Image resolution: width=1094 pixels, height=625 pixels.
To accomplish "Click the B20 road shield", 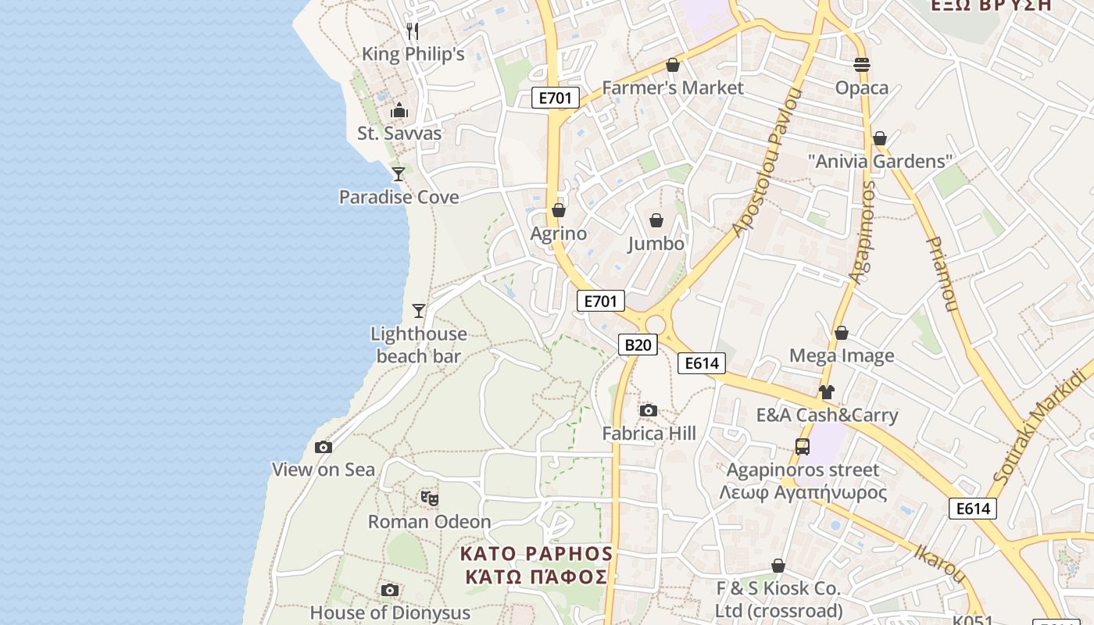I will pyautogui.click(x=638, y=345).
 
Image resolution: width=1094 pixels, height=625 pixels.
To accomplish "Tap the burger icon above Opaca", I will pyautogui.click(x=862, y=65).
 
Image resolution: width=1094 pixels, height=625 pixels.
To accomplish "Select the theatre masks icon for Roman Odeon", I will pyautogui.click(x=429, y=498).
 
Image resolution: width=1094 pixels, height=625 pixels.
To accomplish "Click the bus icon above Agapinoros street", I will pyautogui.click(x=803, y=447).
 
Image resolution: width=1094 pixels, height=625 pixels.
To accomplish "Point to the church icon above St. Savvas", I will pyautogui.click(x=399, y=110).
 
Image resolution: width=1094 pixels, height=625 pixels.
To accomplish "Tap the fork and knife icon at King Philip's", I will pyautogui.click(x=413, y=31).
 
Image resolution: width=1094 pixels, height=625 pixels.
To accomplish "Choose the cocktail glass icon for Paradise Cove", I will pyautogui.click(x=399, y=173).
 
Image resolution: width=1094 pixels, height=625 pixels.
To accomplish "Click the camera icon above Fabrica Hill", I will pyautogui.click(x=648, y=411).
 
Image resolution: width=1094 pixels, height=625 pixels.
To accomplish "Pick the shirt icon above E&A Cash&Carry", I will pyautogui.click(x=827, y=392).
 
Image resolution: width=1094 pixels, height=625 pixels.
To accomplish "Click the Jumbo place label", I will pyautogui.click(x=656, y=244).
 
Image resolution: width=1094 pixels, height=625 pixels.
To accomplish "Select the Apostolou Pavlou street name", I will pyautogui.click(x=768, y=163).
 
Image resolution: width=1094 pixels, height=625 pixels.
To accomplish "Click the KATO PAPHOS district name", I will pyautogui.click(x=536, y=554).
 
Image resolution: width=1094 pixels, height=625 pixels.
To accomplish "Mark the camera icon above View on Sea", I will pyautogui.click(x=323, y=448).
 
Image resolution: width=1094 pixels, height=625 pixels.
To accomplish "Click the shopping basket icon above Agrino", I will pyautogui.click(x=559, y=210).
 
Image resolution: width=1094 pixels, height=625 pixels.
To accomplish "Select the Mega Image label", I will pyautogui.click(x=842, y=356).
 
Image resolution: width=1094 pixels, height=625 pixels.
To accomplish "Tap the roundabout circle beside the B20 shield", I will pyautogui.click(x=655, y=324).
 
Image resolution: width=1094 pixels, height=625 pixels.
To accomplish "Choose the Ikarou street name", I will pyautogui.click(x=940, y=562).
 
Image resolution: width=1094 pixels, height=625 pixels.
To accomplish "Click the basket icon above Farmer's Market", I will pyautogui.click(x=672, y=65).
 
